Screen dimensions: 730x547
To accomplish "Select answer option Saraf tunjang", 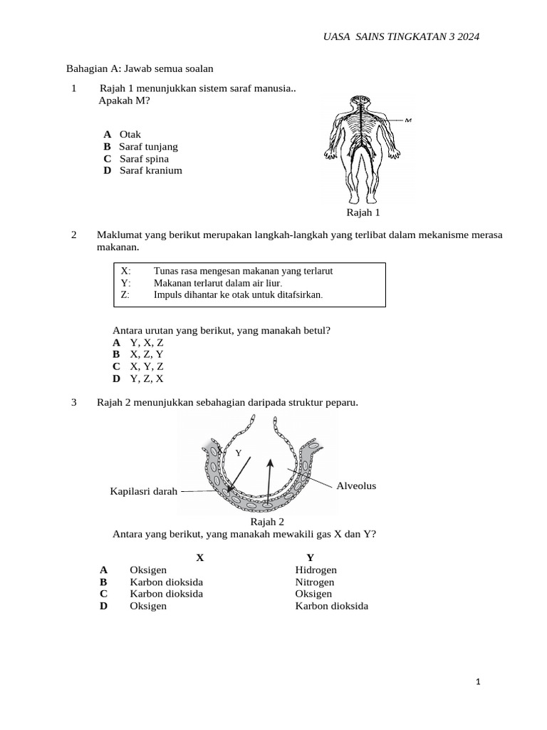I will coord(148,147).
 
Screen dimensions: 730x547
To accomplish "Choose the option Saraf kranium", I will coord(151,170).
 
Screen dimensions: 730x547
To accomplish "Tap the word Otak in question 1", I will coord(130,135).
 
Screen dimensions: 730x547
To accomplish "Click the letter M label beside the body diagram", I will coord(409,120).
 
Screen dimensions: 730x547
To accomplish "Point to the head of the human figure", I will coord(363,104).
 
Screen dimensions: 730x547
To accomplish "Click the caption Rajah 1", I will coord(363,212).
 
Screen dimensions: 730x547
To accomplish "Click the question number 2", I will coord(74,235).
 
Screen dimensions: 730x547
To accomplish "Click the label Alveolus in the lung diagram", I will coord(356,486).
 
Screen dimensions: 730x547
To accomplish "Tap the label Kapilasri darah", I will coord(143,491).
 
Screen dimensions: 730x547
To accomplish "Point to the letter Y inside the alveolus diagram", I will coord(239,453).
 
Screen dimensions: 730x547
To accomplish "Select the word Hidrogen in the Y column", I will coord(316,570).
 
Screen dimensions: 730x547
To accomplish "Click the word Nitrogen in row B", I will coord(314,582).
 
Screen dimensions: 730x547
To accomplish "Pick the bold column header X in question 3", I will coord(200,557).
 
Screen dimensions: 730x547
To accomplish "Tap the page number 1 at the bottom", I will coord(479,682).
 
